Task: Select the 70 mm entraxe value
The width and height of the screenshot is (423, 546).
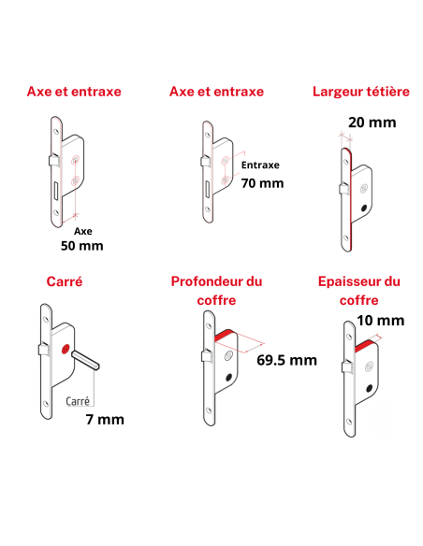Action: tap(262, 182)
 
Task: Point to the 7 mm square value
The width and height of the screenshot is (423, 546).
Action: tap(104, 419)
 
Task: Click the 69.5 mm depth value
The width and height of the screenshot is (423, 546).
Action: tap(286, 360)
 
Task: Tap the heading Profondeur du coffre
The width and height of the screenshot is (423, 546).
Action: tap(216, 290)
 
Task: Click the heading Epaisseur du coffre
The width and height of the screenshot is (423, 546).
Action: tap(359, 290)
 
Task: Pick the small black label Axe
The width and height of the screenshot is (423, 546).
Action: tap(82, 229)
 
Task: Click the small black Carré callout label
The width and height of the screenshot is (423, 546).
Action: tap(78, 400)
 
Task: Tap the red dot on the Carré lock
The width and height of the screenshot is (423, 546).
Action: tap(65, 350)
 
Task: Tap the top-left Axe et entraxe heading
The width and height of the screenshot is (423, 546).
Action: tap(74, 92)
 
